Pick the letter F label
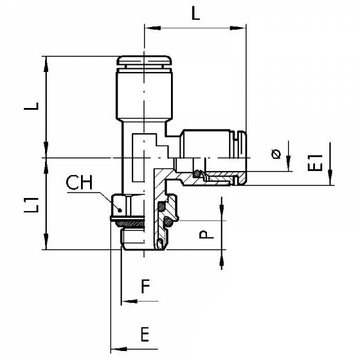[145, 287]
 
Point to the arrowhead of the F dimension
[125, 299]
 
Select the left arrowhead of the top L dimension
[148, 26]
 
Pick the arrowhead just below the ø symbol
[289, 167]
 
